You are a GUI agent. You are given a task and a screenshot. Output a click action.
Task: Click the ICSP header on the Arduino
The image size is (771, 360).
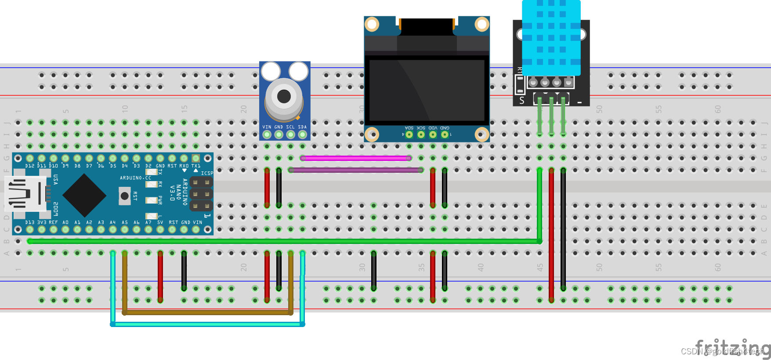(x=201, y=193)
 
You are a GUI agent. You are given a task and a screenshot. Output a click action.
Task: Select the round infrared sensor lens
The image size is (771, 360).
(x=284, y=96)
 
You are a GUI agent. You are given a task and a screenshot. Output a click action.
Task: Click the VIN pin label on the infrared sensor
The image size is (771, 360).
(x=267, y=127)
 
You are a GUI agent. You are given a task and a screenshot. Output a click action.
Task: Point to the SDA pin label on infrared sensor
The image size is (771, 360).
(x=302, y=127)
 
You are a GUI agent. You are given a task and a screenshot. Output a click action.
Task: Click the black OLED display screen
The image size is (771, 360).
(x=426, y=90)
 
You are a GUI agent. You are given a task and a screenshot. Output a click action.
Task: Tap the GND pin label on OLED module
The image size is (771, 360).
(x=445, y=128)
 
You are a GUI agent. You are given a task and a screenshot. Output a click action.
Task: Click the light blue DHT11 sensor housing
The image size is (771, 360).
(x=551, y=37)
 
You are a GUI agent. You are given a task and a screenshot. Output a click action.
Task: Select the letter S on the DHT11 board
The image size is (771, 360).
(x=522, y=101)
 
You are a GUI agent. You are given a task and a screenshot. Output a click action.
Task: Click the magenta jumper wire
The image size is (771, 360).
(x=356, y=158)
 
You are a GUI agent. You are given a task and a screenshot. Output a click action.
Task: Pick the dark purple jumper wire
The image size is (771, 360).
(x=356, y=170)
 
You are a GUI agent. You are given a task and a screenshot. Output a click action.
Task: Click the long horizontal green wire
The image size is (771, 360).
(x=281, y=241)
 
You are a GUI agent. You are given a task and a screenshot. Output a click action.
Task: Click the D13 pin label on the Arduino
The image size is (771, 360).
(x=29, y=222)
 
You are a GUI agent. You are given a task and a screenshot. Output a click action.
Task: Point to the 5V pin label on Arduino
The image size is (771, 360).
(x=160, y=222)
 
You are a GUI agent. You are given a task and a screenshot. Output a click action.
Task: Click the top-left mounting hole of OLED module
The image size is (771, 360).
(x=372, y=24)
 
